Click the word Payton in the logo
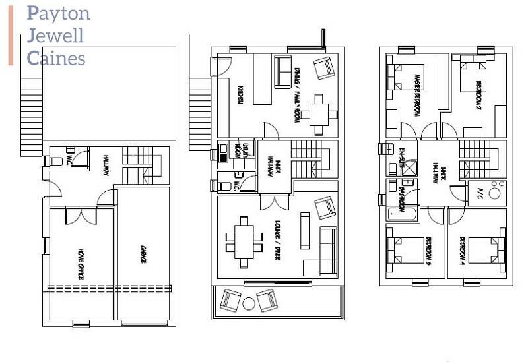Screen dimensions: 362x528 [x=59, y=13]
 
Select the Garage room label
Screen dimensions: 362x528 [x=143, y=255]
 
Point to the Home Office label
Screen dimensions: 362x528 [x=81, y=263]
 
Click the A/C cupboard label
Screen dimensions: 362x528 [x=479, y=193]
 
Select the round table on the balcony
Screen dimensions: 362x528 [x=249, y=303]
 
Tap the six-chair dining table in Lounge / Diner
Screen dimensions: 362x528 [x=243, y=242]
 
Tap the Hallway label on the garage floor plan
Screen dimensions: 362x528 [x=106, y=165]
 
